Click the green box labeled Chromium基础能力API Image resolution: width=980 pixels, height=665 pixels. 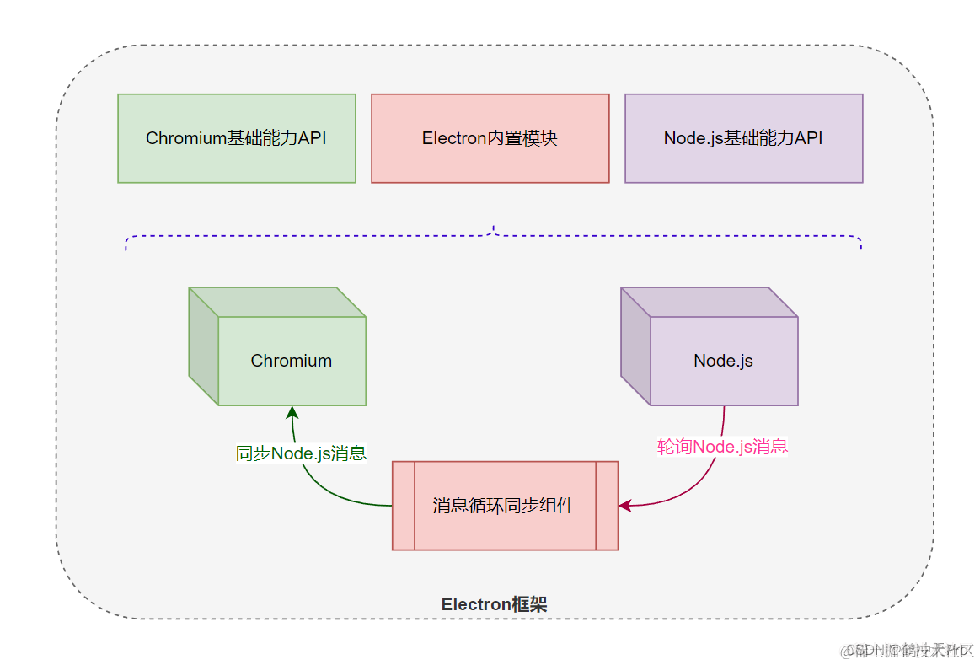point(236,138)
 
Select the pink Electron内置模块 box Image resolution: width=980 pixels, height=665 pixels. point(490,138)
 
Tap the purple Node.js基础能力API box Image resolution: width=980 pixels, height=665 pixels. point(743,138)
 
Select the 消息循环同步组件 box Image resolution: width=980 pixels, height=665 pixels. point(505,506)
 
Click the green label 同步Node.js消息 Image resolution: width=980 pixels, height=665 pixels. point(301,453)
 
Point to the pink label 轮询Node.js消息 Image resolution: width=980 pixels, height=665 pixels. point(722,447)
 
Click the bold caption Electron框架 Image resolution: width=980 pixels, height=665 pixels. point(494,604)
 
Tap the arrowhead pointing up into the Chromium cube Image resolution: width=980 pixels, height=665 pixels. point(292,412)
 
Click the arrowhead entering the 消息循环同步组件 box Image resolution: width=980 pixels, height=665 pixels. point(625,506)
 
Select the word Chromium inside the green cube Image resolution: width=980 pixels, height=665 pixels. point(291,361)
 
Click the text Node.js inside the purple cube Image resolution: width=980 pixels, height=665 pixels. point(723,361)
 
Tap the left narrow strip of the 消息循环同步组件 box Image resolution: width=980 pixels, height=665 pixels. point(404,506)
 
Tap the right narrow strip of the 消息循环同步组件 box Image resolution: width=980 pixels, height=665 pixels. point(607,506)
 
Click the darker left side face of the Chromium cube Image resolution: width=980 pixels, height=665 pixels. point(203,346)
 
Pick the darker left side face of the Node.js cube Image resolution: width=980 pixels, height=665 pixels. point(635,346)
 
